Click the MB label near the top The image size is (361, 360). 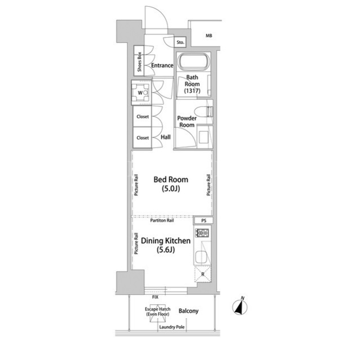[x=209, y=35]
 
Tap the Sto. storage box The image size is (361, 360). [x=180, y=42]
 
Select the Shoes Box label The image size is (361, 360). [x=139, y=62]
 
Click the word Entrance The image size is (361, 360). [x=162, y=65]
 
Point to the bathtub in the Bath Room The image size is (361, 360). [x=193, y=61]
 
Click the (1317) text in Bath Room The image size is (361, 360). [x=192, y=91]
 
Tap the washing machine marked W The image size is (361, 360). [x=140, y=93]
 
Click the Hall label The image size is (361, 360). [x=165, y=137]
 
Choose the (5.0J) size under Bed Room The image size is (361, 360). [x=170, y=189]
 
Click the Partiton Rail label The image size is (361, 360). [x=162, y=220]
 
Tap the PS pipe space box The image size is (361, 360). [x=204, y=221]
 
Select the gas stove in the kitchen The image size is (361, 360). [x=202, y=233]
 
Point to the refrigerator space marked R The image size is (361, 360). [x=202, y=274]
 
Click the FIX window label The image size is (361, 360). [x=155, y=297]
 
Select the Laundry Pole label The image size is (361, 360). [x=172, y=327]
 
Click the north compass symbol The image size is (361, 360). [x=240, y=306]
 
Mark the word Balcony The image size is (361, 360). [x=188, y=311]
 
